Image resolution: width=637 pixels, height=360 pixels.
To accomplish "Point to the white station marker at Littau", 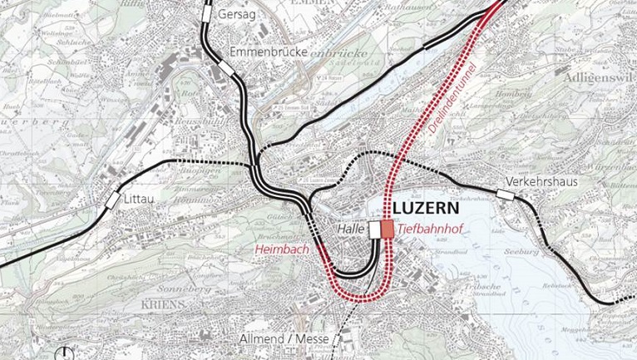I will click(111, 200).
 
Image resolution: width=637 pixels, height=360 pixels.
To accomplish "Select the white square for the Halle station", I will click(375, 229).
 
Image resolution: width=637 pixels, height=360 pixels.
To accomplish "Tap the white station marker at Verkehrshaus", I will click(504, 195).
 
